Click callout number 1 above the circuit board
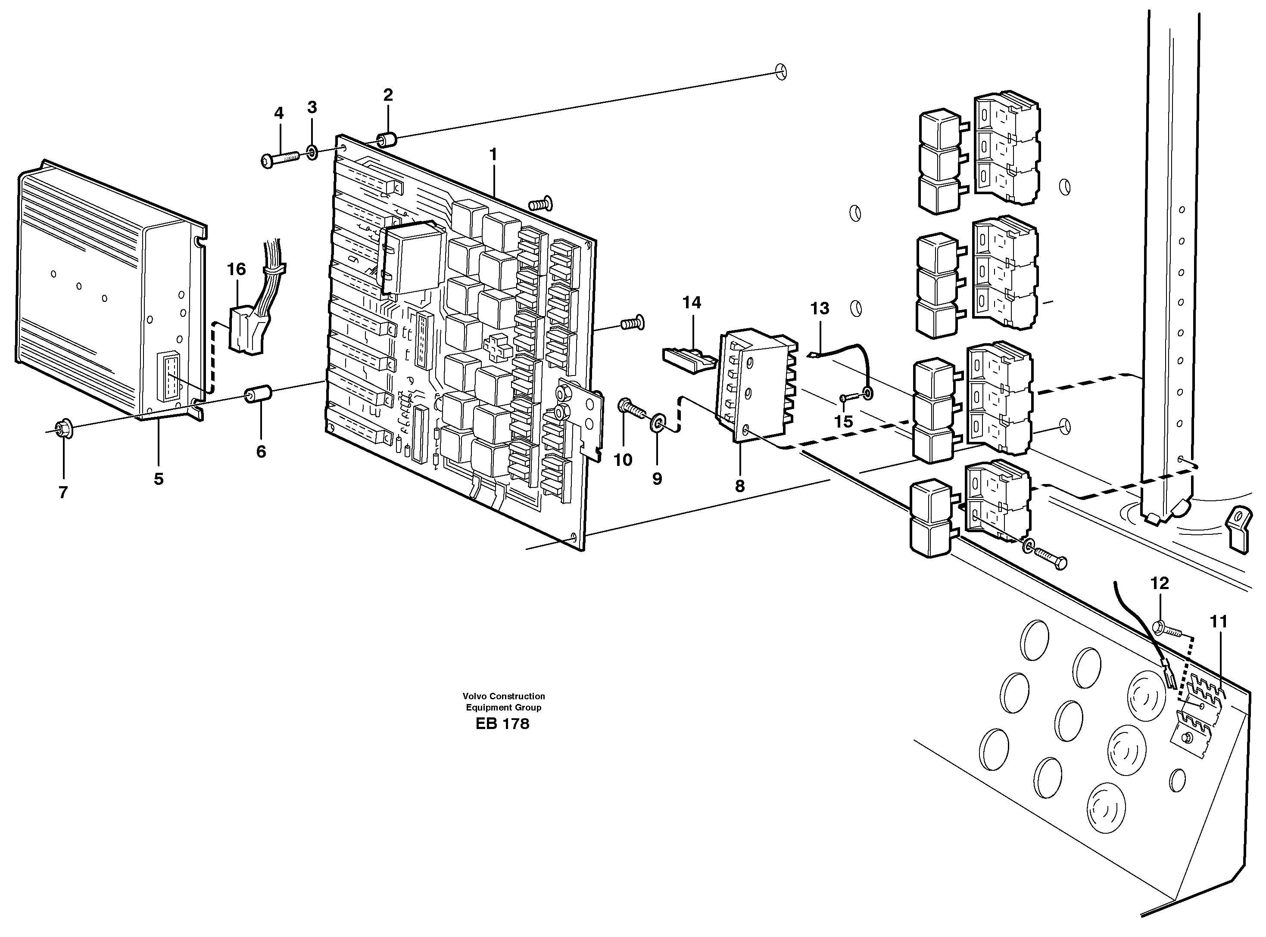tap(493, 154)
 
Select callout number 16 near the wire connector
tap(237, 270)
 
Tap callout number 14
tap(691, 303)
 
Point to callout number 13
tap(820, 309)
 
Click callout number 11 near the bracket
tap(1218, 622)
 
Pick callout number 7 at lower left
tap(63, 492)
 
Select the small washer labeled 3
tap(312, 152)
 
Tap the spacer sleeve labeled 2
tap(387, 140)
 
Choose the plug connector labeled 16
tap(246, 331)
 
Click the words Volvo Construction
tap(503, 696)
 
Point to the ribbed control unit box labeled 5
tap(102, 289)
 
